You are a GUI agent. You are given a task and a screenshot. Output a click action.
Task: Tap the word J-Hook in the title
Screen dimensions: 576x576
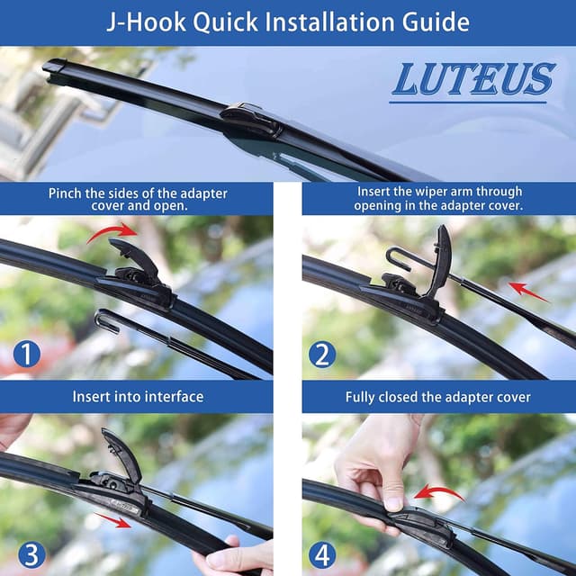coord(145,21)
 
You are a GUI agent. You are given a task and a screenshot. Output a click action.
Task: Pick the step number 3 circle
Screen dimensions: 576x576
coord(27,552)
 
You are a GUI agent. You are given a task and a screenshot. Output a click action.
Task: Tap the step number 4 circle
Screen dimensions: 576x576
coord(322,552)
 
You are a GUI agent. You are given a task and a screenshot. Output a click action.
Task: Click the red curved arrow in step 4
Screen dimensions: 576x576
coord(439,493)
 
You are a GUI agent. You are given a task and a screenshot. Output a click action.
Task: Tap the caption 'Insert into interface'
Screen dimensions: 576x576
coord(138,396)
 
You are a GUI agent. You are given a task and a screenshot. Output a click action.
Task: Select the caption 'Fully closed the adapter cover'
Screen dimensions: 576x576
coord(437,396)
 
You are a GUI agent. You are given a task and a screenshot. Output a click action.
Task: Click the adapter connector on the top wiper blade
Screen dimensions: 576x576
coord(250,117)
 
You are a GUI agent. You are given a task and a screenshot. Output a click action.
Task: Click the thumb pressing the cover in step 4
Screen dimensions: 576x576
coord(392,499)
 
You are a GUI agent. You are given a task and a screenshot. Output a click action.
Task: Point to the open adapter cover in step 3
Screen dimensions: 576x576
coord(121,454)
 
